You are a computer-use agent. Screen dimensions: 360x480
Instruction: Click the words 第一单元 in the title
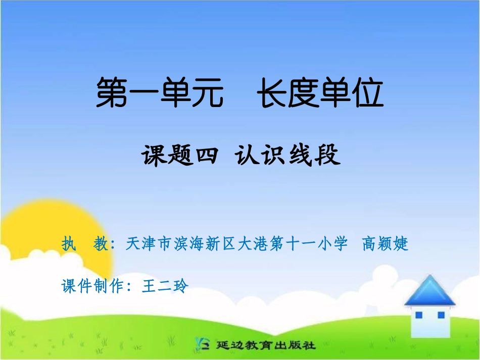tap(160, 93)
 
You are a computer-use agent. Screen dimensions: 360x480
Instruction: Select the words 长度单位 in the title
tap(320, 93)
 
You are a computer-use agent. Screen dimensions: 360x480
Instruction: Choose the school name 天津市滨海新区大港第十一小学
tap(236, 244)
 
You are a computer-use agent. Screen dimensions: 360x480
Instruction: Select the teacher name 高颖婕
tap(385, 244)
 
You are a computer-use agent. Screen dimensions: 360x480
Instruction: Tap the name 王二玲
tap(165, 286)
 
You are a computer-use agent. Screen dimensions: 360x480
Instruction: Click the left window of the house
tap(418, 315)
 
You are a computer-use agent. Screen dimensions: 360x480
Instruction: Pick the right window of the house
tap(441, 315)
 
